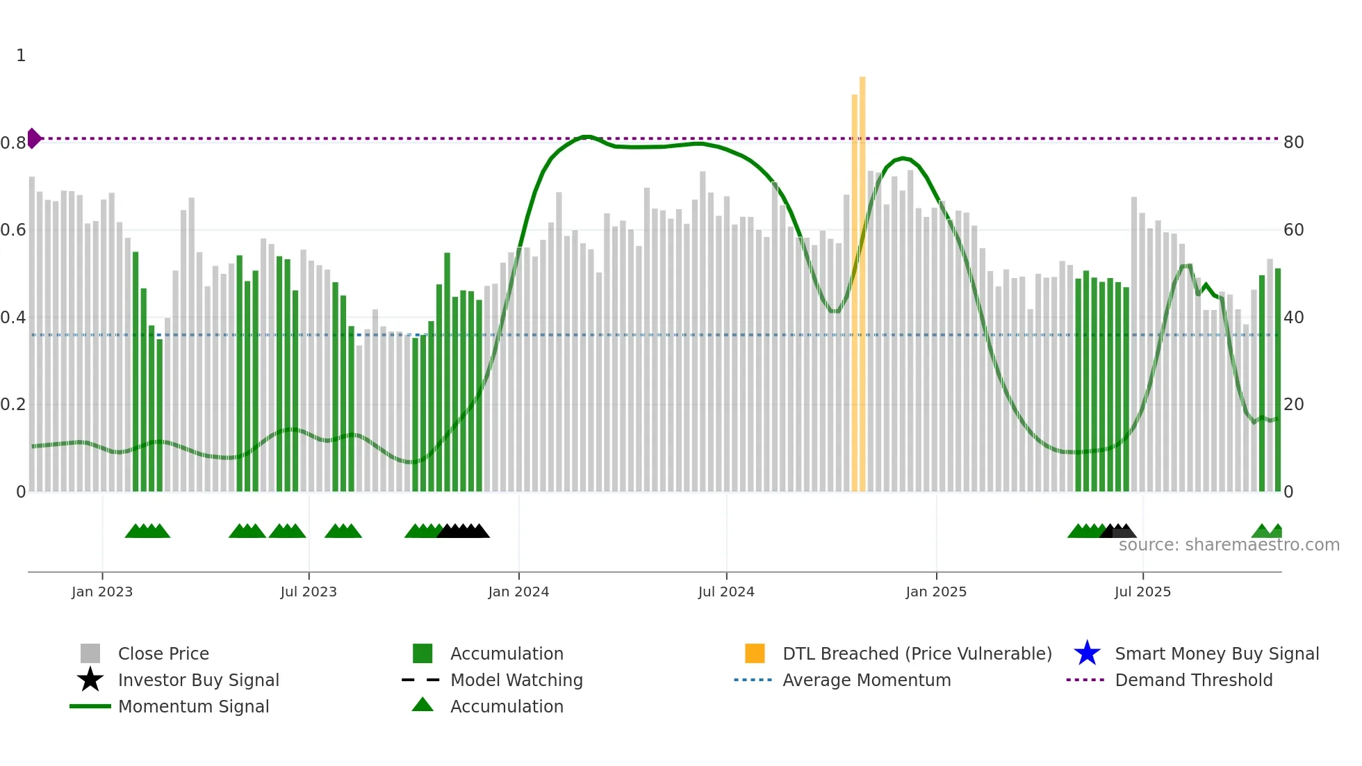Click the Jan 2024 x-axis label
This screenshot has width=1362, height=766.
(x=518, y=592)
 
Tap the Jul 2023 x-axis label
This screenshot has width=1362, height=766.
(x=309, y=592)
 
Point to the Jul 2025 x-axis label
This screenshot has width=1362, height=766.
(x=1142, y=592)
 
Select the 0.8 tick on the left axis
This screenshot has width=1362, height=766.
(x=13, y=143)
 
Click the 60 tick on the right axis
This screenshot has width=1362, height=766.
(x=1293, y=230)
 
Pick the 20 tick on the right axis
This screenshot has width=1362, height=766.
(x=1293, y=405)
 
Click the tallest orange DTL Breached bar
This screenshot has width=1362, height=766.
(x=862, y=278)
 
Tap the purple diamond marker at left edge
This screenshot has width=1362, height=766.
(x=33, y=138)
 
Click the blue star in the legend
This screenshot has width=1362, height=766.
(x=1087, y=653)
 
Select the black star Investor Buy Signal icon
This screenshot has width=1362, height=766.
(x=90, y=680)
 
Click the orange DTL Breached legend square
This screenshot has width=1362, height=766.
(x=755, y=653)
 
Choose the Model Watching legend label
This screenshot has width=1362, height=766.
(x=516, y=680)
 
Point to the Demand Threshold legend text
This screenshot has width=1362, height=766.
(x=1193, y=680)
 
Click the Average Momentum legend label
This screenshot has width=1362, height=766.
(x=867, y=680)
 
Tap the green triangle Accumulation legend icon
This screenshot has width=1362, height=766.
(x=422, y=706)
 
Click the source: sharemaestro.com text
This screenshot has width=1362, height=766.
(x=1229, y=545)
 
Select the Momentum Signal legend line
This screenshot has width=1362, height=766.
(x=90, y=706)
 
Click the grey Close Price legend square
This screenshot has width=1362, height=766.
(x=90, y=653)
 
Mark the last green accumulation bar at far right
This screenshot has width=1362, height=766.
(x=1277, y=382)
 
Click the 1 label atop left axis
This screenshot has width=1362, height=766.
(x=21, y=56)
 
